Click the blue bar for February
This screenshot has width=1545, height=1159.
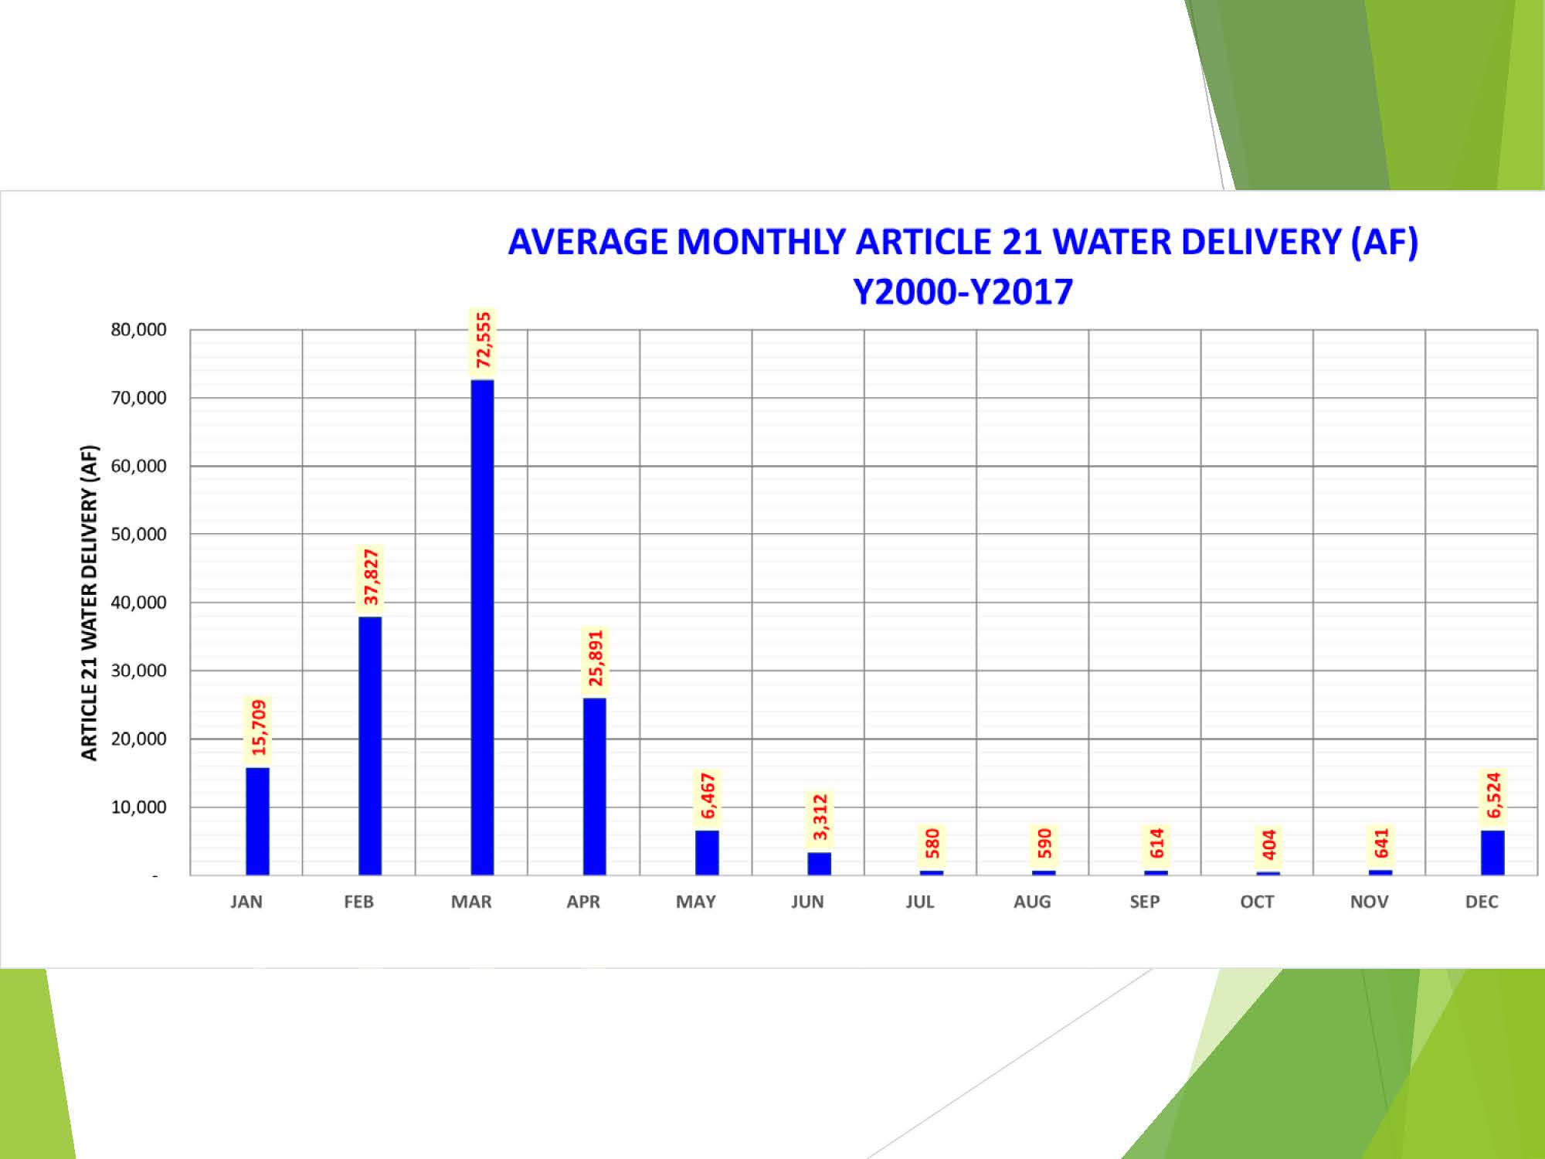click(x=370, y=746)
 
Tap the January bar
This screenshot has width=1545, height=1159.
click(x=257, y=821)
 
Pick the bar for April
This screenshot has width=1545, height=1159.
click(x=594, y=786)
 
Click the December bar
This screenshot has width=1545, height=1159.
click(x=1492, y=852)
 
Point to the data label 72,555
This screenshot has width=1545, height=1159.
click(x=483, y=341)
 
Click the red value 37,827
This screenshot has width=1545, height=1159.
click(x=371, y=577)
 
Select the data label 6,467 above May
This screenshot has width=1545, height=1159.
click(x=708, y=796)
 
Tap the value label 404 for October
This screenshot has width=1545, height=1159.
click(x=1268, y=845)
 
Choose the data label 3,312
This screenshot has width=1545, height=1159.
click(x=820, y=817)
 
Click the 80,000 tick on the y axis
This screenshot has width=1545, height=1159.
click(x=138, y=330)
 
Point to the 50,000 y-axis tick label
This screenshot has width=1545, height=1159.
click(x=138, y=535)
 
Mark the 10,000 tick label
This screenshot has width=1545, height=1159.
click(x=138, y=807)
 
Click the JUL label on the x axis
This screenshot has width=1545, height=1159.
click(x=919, y=902)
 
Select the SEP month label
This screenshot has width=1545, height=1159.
click(x=1144, y=902)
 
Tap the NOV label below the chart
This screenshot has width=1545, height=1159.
click(x=1369, y=902)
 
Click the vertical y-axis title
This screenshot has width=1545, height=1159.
click(x=90, y=603)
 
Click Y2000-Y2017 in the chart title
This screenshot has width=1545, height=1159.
click(x=963, y=292)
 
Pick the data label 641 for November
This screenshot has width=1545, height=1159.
click(x=1381, y=843)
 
